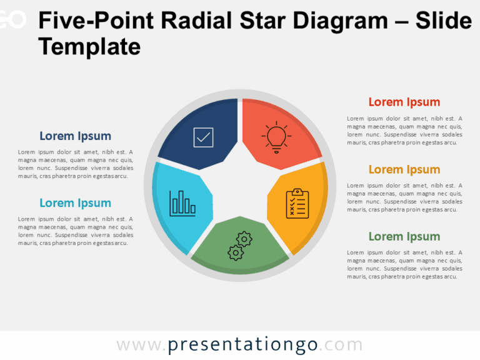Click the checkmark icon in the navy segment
pyautogui.click(x=204, y=137)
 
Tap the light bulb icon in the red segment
pyautogui.click(x=276, y=137)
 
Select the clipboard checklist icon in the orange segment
pyautogui.click(x=297, y=203)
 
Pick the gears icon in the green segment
pyautogui.click(x=239, y=246)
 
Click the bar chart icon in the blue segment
pyautogui.click(x=182, y=203)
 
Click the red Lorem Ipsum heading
pyautogui.click(x=404, y=102)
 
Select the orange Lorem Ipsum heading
pyautogui.click(x=404, y=169)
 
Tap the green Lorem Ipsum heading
pyautogui.click(x=404, y=236)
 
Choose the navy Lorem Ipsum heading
pyautogui.click(x=75, y=136)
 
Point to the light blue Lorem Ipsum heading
pyautogui.click(x=75, y=202)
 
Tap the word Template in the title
pyautogui.click(x=89, y=46)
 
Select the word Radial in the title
pyautogui.click(x=191, y=21)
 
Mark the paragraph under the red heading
pyautogui.click(x=404, y=130)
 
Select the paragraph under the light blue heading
pyautogui.click(x=76, y=231)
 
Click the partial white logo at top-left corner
pyautogui.click(x=12, y=21)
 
